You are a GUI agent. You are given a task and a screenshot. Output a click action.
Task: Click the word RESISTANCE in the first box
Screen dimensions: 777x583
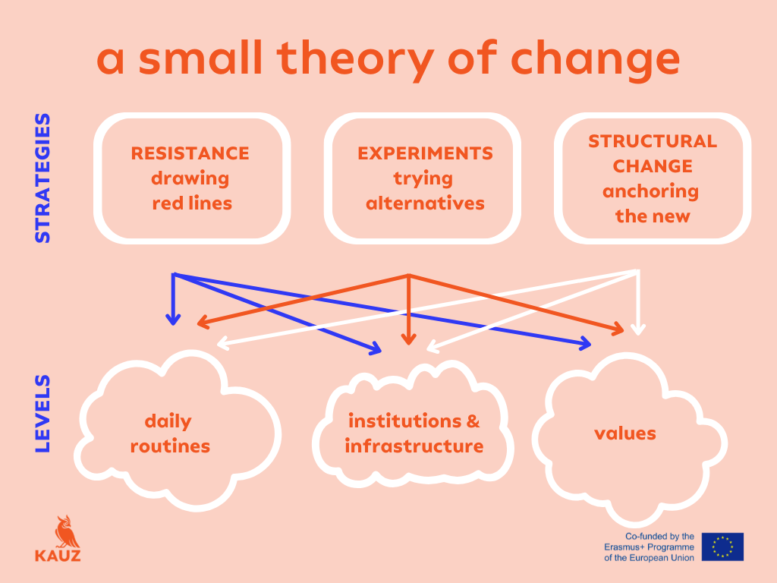point(190,153)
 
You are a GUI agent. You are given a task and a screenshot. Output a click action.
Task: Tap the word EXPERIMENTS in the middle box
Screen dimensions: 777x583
point(425,153)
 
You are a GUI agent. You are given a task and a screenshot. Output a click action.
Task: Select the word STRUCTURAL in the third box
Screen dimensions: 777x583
point(653,141)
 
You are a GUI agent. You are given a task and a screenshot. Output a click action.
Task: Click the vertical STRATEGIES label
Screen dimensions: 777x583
point(42,178)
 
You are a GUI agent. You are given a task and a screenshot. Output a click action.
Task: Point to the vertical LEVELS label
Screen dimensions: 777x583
point(42,414)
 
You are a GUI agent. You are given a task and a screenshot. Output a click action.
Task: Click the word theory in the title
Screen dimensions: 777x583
point(355,59)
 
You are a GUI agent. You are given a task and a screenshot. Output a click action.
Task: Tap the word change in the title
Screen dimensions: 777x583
point(595,59)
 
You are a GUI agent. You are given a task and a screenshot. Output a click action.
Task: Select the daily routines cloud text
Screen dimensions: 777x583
point(170,433)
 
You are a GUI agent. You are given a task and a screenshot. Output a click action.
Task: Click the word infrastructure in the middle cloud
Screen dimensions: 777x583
point(414,446)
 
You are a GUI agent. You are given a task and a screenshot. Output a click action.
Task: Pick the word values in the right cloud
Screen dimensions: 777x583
point(625,433)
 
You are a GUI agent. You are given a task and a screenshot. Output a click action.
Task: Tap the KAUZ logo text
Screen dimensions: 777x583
point(58,555)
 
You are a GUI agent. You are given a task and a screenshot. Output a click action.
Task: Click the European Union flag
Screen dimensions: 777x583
point(722,547)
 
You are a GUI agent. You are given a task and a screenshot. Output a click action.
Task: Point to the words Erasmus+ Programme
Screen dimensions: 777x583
point(649,547)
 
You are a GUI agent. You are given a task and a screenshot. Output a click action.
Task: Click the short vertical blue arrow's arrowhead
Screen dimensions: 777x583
point(173,320)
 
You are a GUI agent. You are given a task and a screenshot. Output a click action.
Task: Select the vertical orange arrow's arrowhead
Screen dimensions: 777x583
point(409,339)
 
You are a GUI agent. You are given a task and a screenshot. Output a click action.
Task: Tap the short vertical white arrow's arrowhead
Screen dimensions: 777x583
point(637,329)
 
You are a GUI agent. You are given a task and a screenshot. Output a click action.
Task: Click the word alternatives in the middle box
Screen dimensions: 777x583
point(425,203)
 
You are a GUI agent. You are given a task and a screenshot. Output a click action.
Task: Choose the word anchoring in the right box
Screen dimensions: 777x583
point(650,192)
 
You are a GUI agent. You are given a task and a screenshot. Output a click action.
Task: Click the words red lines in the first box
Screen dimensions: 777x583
point(192,203)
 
